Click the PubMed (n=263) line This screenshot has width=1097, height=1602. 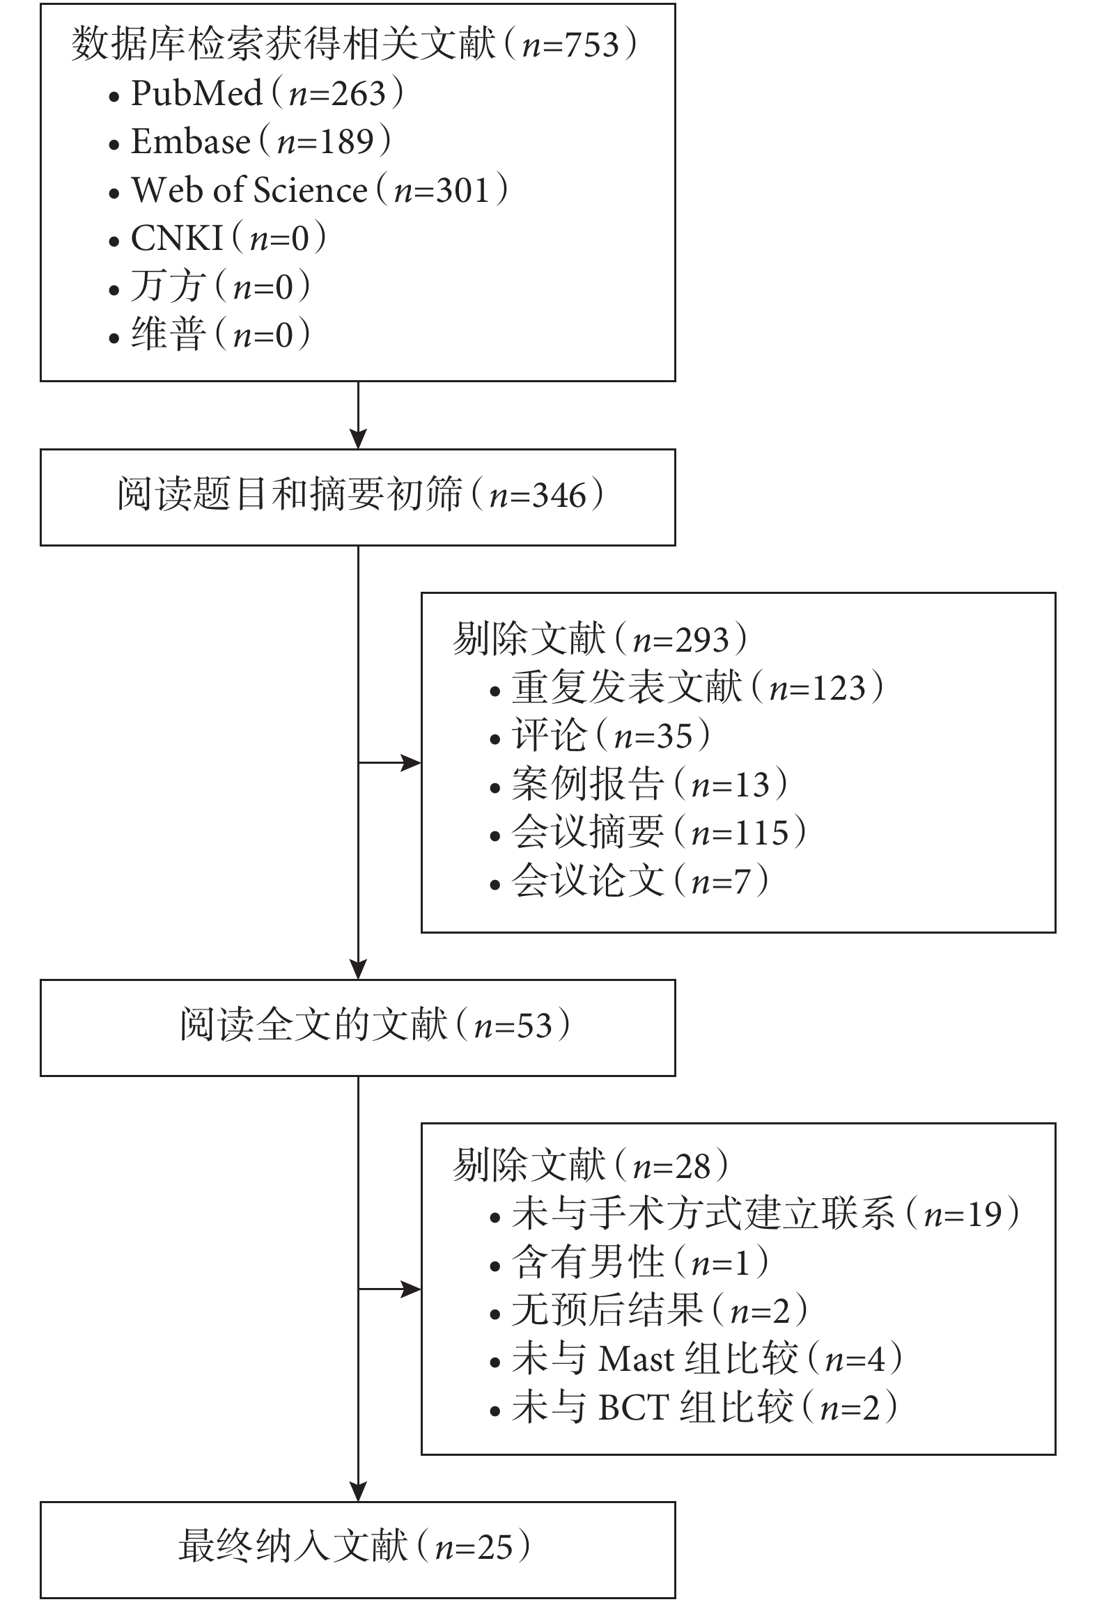[x=256, y=93]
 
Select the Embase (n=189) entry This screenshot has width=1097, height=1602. [x=249, y=141]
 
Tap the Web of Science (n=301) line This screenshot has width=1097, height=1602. [x=308, y=190]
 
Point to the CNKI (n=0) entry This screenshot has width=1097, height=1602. [x=217, y=239]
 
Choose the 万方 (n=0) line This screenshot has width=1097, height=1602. [x=209, y=287]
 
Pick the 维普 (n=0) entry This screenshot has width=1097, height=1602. [x=209, y=335]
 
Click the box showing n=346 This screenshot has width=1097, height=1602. [x=358, y=497]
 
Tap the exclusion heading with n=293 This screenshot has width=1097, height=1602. [x=600, y=639]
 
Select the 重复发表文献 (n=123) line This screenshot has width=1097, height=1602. [x=687, y=687]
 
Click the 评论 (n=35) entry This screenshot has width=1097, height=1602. [x=600, y=736]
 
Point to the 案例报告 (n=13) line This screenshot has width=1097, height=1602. [x=639, y=784]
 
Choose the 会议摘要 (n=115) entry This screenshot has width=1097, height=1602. [x=648, y=833]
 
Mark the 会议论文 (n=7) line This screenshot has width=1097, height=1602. [x=630, y=881]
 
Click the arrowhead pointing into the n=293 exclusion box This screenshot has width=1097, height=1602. [x=412, y=763]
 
